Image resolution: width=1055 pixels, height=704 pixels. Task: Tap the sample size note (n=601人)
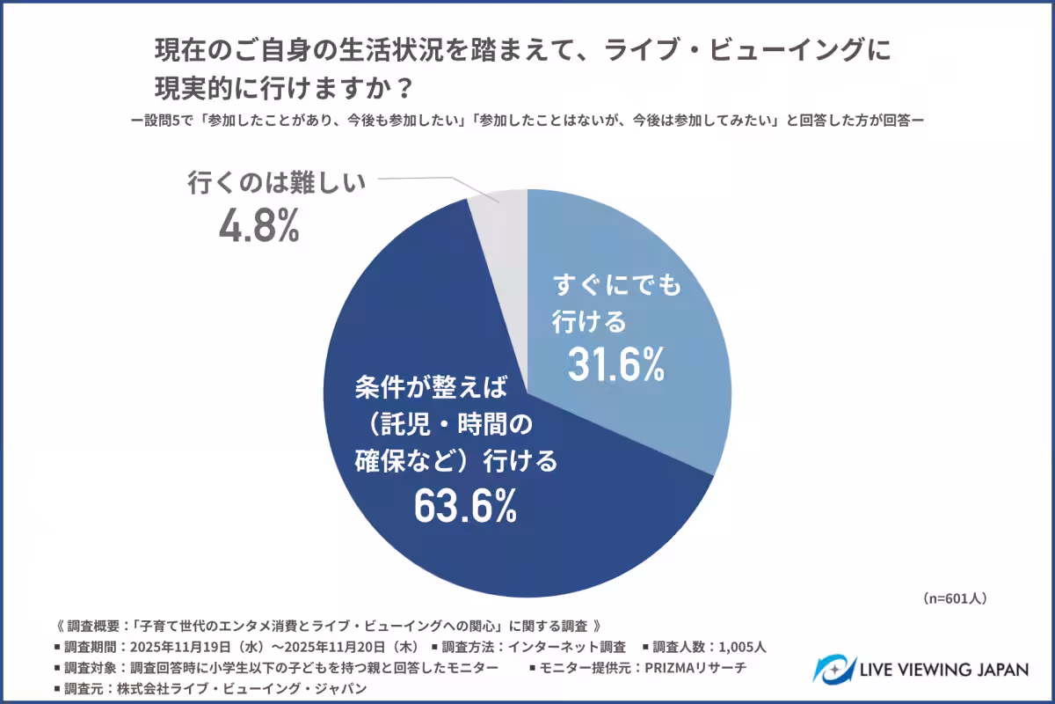pos(956,598)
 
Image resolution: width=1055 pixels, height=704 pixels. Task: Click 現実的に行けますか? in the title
pos(281,88)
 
